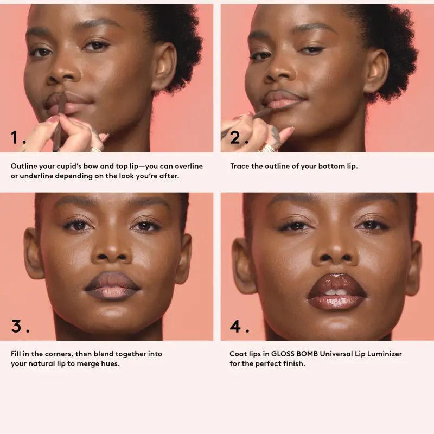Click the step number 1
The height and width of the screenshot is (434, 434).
pyautogui.click(x=15, y=138)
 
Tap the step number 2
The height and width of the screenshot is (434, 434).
pyautogui.click(x=235, y=138)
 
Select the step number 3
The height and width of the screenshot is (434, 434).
pyautogui.click(x=17, y=326)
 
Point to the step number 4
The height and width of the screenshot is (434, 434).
pyautogui.click(x=236, y=326)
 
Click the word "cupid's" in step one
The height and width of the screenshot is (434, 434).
pyautogui.click(x=76, y=166)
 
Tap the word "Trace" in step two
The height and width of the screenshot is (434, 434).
pyautogui.click(x=240, y=166)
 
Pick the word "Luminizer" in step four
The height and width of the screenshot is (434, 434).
pyautogui.click(x=383, y=354)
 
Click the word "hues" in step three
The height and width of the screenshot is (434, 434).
pyautogui.click(x=108, y=363)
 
